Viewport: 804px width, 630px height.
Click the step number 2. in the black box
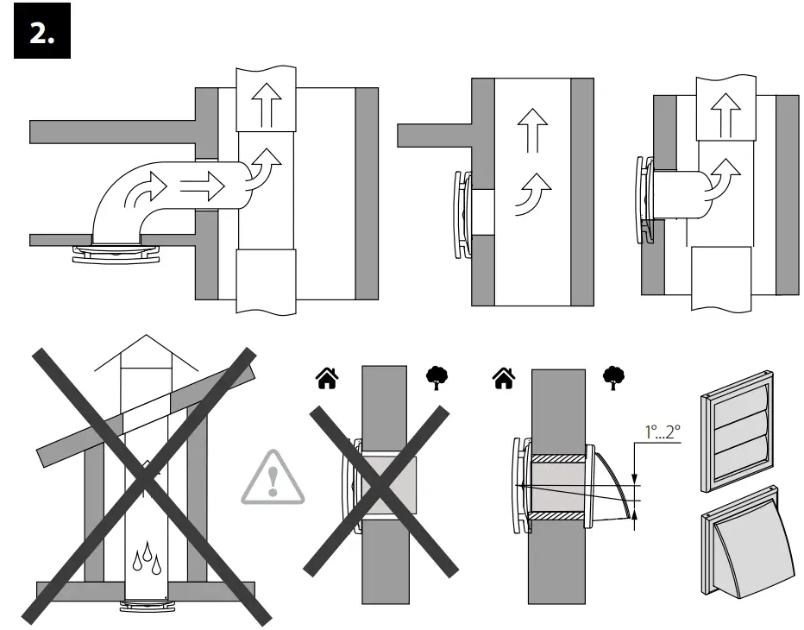tap(41, 34)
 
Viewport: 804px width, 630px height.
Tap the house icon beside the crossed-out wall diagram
tap(328, 378)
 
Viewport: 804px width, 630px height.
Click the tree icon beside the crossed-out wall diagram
tap(437, 378)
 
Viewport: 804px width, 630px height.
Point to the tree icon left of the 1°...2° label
tap(612, 378)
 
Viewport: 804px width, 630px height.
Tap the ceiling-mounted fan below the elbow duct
tap(116, 253)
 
